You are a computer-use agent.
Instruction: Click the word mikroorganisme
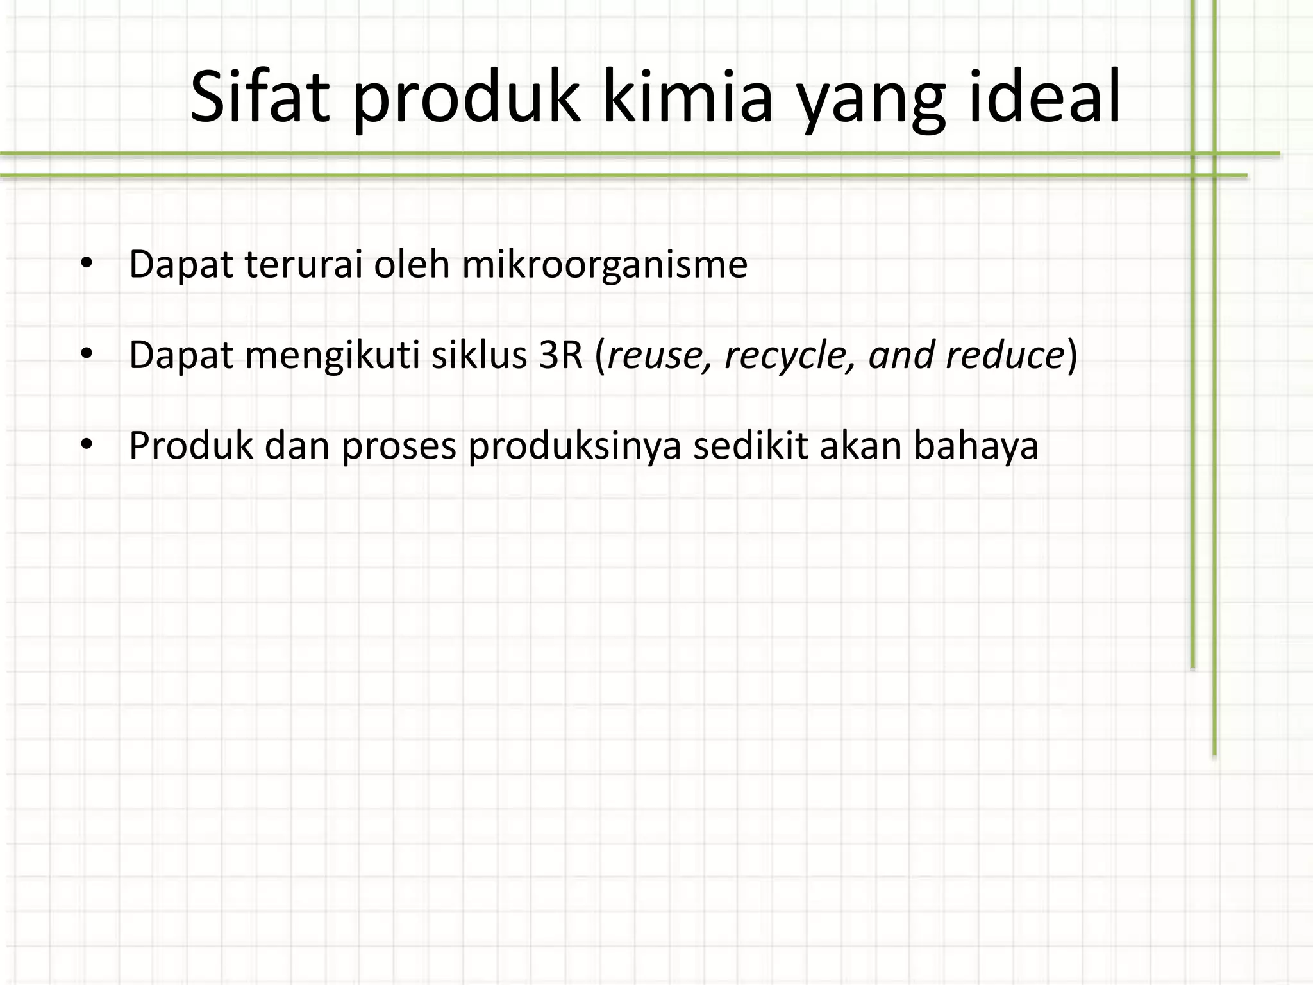[x=605, y=265]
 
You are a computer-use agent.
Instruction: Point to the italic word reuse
[x=659, y=356]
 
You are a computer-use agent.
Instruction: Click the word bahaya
[x=976, y=446]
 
